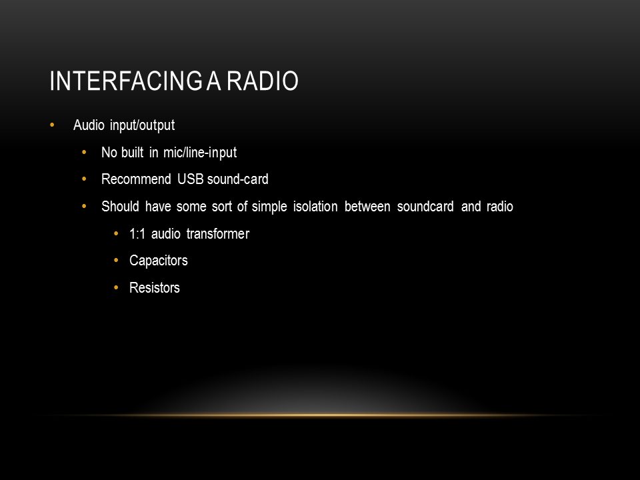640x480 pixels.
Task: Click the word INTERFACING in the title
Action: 126,81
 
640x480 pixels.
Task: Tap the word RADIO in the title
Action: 263,81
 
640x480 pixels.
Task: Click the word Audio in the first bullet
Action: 89,125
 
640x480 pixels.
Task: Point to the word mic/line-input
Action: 200,153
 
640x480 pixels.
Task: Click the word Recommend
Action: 136,179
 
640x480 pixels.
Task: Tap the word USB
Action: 191,179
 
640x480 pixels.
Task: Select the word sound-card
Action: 237,179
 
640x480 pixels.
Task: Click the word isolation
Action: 315,207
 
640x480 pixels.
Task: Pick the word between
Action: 367,207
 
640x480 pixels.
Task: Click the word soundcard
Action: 425,207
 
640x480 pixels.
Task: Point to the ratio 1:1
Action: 137,234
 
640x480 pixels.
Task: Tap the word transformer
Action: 218,234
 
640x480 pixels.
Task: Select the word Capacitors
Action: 159,261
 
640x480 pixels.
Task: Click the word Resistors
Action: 154,288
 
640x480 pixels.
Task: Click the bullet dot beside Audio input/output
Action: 52,125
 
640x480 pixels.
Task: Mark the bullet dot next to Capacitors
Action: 116,261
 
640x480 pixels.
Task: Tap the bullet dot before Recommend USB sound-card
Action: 84,179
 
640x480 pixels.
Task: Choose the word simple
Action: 269,207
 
